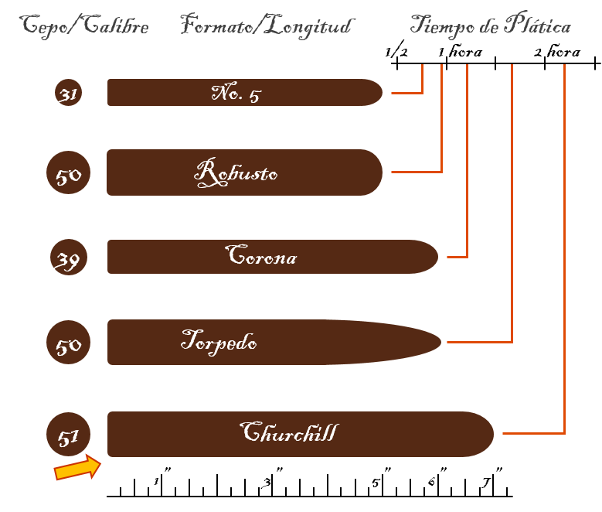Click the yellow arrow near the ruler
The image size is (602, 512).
78,467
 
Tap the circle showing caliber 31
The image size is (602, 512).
68,93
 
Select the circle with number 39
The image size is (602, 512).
69,257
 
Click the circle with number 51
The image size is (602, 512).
68,435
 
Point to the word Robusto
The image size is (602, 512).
236,173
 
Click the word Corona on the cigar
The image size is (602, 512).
261,255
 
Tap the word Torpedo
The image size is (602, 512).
219,342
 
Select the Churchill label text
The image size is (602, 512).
290,432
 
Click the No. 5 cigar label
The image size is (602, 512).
236,93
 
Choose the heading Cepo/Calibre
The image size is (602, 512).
84,26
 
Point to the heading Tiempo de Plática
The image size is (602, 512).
491,25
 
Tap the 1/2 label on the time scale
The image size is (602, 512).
396,50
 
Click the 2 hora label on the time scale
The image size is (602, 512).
557,51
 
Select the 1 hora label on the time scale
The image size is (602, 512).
460,51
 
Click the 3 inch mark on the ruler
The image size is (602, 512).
272,480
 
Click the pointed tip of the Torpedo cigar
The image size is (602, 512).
441,342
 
